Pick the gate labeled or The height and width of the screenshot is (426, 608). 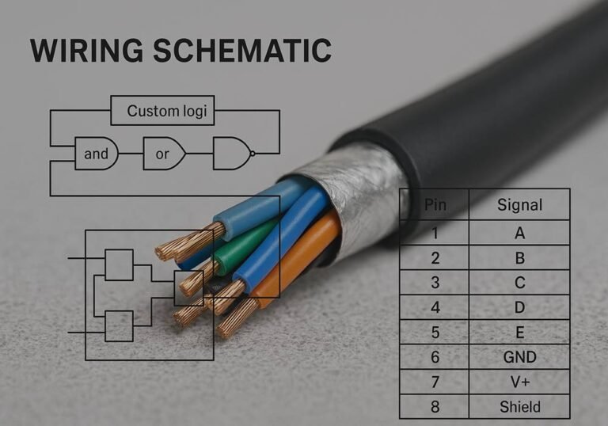[x=163, y=154]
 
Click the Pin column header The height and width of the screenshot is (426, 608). [x=435, y=204]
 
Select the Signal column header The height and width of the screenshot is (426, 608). [x=519, y=204]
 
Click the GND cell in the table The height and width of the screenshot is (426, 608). [x=519, y=357]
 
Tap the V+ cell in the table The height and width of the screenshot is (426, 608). [x=519, y=382]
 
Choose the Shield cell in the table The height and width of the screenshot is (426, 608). [x=519, y=407]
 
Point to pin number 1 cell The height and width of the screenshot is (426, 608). [x=435, y=233]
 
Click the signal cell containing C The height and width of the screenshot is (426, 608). [x=519, y=283]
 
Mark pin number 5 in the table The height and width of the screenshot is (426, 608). [x=435, y=333]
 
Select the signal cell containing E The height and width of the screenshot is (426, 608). [x=519, y=333]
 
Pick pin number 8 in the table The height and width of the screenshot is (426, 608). [x=435, y=407]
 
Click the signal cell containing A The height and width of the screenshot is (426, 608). [x=519, y=233]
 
